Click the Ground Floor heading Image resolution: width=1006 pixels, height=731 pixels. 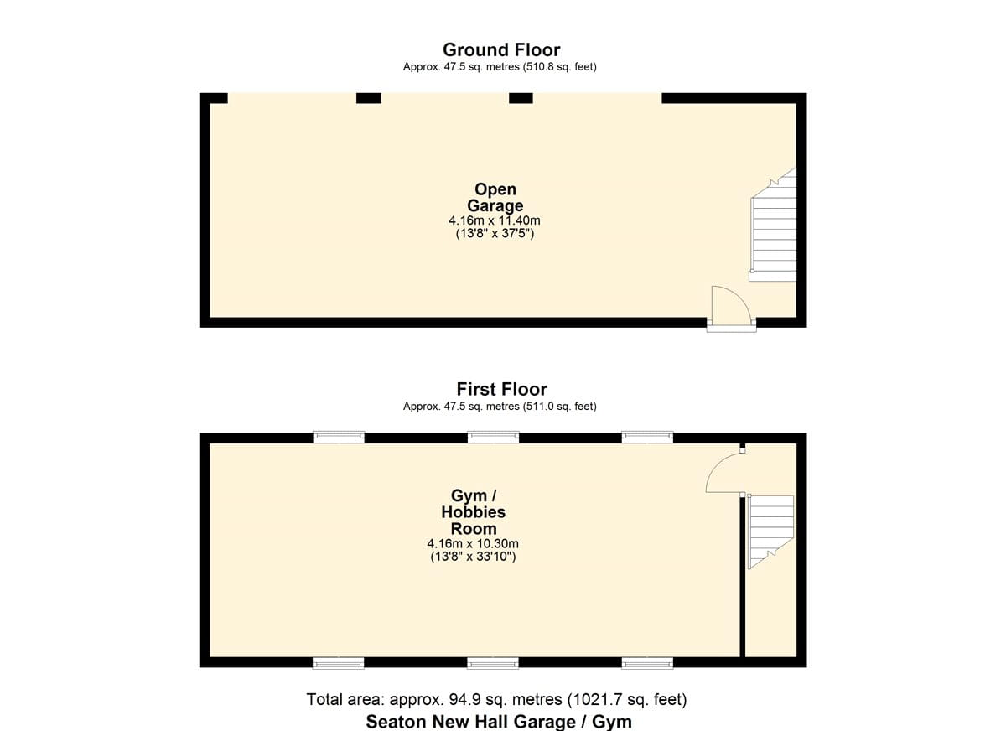click(x=501, y=49)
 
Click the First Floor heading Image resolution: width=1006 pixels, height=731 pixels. click(x=501, y=389)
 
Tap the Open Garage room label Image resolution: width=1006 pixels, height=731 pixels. click(x=495, y=197)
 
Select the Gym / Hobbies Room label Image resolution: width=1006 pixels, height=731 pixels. click(x=474, y=512)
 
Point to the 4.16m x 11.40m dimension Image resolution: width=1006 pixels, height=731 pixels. click(x=495, y=220)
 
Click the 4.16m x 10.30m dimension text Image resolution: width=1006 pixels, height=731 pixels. click(x=473, y=544)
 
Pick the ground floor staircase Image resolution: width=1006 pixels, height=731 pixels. click(x=773, y=225)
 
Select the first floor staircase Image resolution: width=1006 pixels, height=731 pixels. click(x=770, y=531)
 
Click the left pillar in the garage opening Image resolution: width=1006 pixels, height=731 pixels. click(x=369, y=98)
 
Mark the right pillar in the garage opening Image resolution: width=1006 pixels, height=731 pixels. click(x=521, y=98)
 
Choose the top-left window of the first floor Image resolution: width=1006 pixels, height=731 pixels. click(x=339, y=437)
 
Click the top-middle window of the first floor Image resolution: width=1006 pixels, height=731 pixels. click(x=493, y=437)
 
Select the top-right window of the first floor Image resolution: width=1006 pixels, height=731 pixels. click(x=647, y=437)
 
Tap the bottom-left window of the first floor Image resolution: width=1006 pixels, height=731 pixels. click(x=339, y=663)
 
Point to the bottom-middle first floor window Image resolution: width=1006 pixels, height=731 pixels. click(x=493, y=663)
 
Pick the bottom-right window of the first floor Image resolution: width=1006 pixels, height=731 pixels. click(x=647, y=663)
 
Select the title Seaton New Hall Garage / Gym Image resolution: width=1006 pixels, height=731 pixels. click(x=499, y=722)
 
